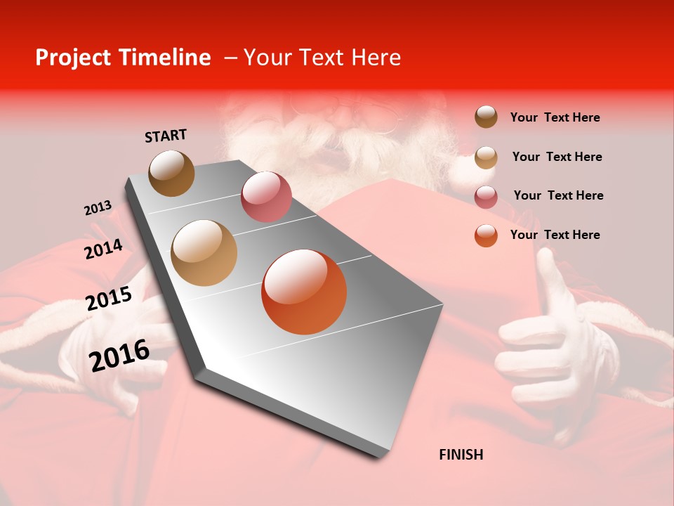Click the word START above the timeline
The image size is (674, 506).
pyautogui.click(x=166, y=136)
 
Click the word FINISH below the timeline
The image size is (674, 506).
pyautogui.click(x=461, y=455)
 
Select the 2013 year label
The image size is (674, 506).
pyautogui.click(x=98, y=208)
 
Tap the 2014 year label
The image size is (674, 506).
pyautogui.click(x=103, y=249)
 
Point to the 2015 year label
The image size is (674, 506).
pyautogui.click(x=109, y=299)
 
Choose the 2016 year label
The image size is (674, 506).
pyautogui.click(x=119, y=356)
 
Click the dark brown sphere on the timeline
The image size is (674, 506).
pyautogui.click(x=171, y=173)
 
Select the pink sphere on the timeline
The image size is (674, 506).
pyautogui.click(x=266, y=196)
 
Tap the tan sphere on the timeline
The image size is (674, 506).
pyautogui.click(x=204, y=253)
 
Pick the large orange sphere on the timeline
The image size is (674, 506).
pyautogui.click(x=304, y=292)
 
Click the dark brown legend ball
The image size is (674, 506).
pyautogui.click(x=486, y=117)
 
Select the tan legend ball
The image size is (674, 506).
pyautogui.click(x=486, y=157)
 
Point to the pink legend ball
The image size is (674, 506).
pyautogui.click(x=486, y=196)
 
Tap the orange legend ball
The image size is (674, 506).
pyautogui.click(x=486, y=235)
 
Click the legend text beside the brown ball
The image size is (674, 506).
pyautogui.click(x=555, y=117)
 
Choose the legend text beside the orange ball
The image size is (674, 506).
pyautogui.click(x=555, y=235)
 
